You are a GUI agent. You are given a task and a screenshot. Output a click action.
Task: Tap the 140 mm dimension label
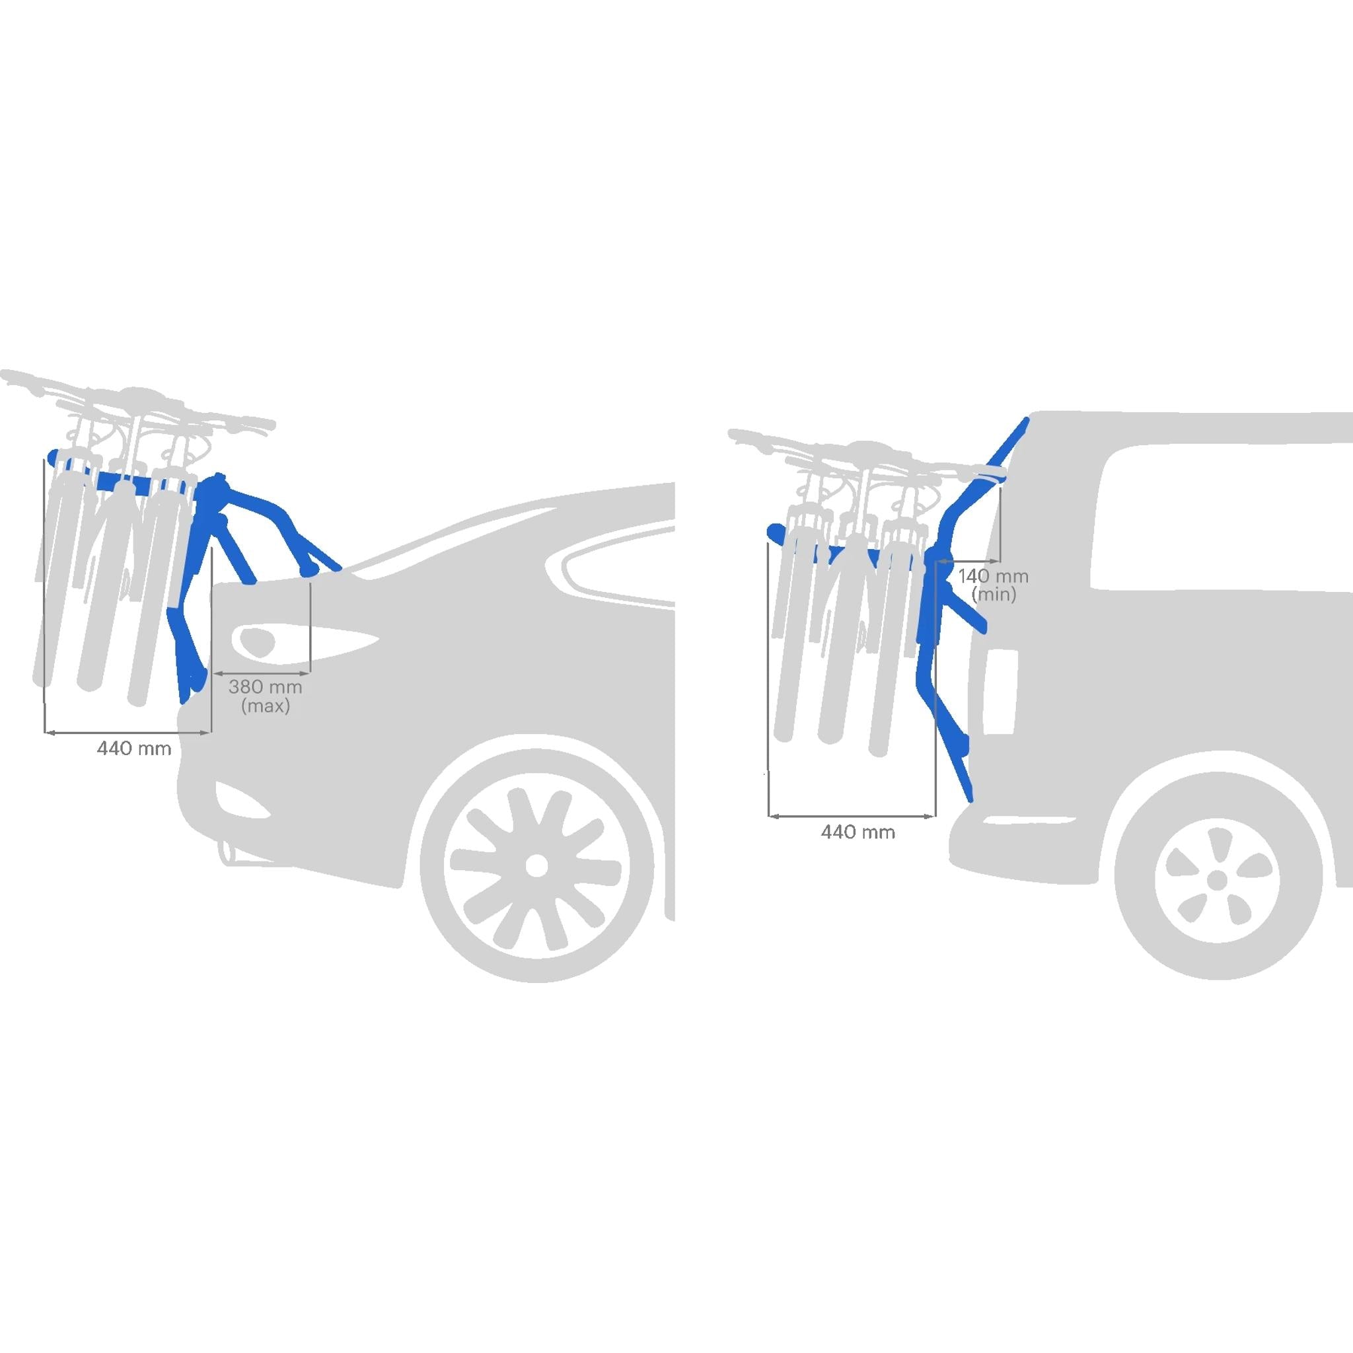pyautogui.click(x=993, y=577)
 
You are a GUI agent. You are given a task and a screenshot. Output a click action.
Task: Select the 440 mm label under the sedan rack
pyautogui.click(x=133, y=748)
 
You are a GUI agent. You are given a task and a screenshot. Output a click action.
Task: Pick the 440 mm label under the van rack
pyautogui.click(x=858, y=832)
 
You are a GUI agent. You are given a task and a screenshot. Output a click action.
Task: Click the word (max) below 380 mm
pyautogui.click(x=266, y=706)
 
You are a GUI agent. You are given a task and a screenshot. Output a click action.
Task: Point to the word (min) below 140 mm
pyautogui.click(x=994, y=595)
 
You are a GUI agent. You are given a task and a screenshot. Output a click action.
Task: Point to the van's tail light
pyautogui.click(x=1001, y=691)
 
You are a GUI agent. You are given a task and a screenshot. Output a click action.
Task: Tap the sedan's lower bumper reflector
pyautogui.click(x=242, y=798)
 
